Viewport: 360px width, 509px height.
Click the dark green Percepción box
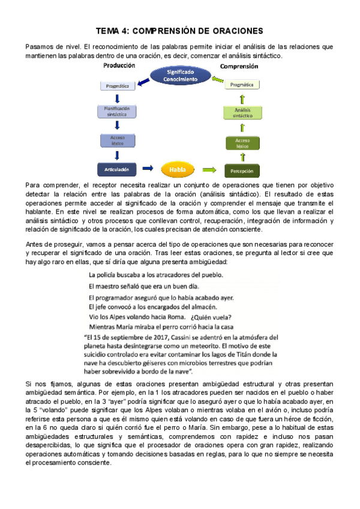tap(242, 170)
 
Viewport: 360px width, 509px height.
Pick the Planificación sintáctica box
tap(118, 112)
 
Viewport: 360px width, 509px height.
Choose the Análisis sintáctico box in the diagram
tap(242, 112)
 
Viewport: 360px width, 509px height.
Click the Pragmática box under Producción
tap(118, 86)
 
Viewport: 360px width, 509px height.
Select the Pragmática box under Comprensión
tap(242, 85)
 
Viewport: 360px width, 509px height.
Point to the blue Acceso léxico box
tap(118, 140)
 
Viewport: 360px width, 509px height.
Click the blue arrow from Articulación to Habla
tap(148, 169)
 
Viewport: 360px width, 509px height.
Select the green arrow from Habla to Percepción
tap(209, 170)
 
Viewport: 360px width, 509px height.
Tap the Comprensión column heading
tap(239, 66)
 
